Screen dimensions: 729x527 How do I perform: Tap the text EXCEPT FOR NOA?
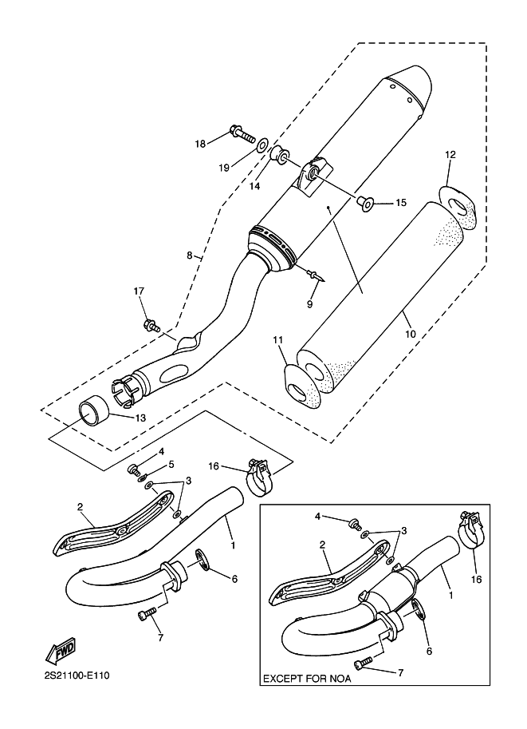point(306,679)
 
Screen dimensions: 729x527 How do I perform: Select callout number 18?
point(200,144)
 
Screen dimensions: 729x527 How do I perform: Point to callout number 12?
point(450,154)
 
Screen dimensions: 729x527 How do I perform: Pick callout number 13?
point(140,418)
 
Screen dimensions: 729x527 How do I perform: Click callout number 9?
point(310,304)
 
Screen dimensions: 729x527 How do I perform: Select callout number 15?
point(400,204)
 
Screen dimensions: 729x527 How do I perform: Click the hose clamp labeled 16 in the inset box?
point(471,531)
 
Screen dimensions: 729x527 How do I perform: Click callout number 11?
point(277,341)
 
